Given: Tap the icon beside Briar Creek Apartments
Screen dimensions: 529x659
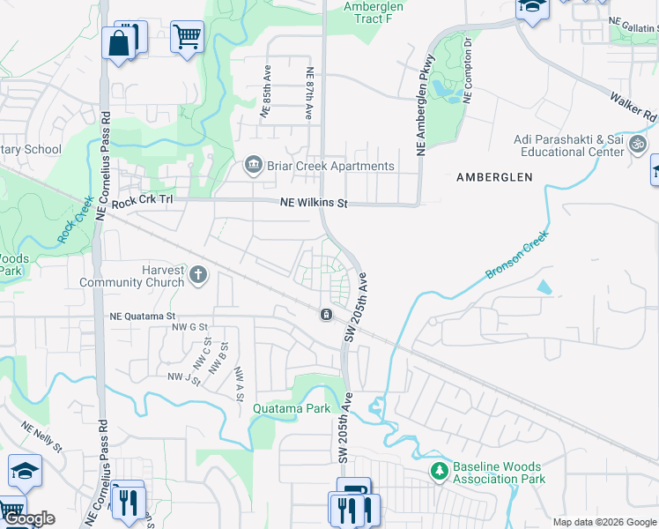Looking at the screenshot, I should [x=253, y=166].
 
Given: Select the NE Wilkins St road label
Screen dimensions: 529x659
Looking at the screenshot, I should [x=315, y=203].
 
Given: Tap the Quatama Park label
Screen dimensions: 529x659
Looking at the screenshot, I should [x=291, y=408].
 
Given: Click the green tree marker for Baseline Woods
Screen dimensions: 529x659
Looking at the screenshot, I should [x=439, y=472].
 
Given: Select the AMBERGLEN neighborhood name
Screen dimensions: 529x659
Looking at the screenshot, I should [x=494, y=177].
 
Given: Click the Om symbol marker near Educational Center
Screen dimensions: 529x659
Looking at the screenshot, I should [x=639, y=144].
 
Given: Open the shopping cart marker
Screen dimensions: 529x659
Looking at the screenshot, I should [x=186, y=38].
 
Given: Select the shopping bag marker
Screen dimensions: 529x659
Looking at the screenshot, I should [x=118, y=42].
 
